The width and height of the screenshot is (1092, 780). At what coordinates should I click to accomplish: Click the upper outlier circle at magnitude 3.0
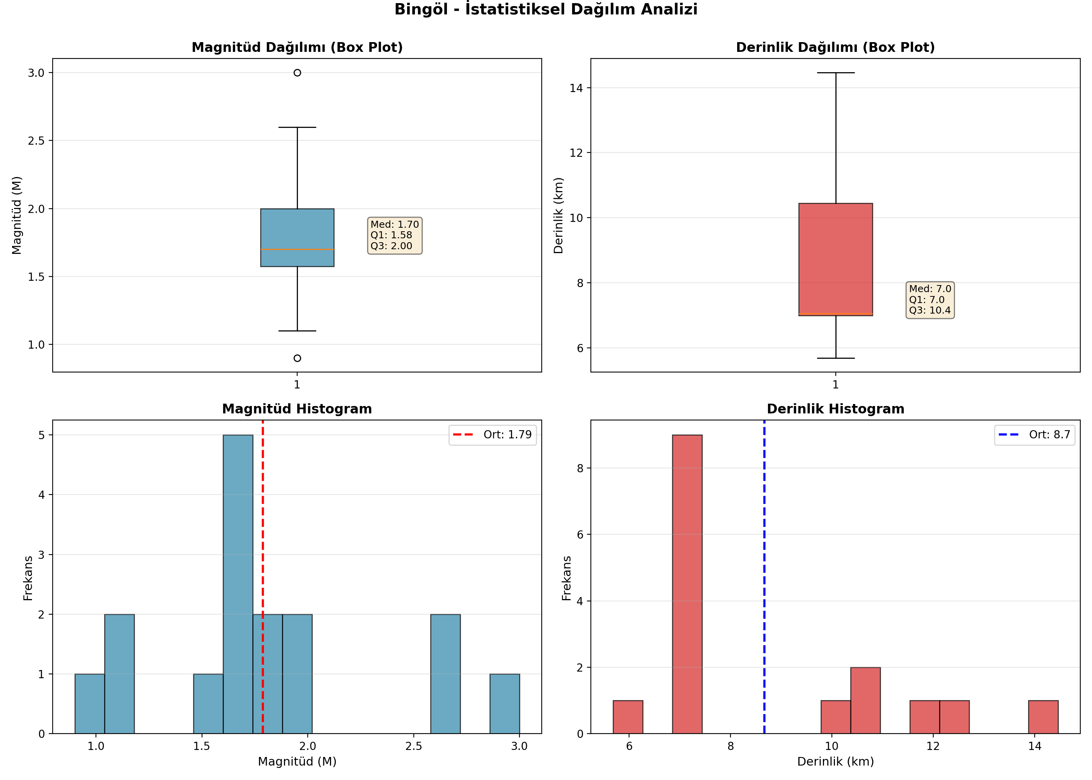(x=297, y=73)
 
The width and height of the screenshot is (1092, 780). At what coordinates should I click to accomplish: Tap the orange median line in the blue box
(x=297, y=249)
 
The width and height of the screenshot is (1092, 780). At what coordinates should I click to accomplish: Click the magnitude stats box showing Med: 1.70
(x=394, y=235)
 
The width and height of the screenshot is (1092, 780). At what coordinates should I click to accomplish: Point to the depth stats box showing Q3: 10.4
(x=930, y=300)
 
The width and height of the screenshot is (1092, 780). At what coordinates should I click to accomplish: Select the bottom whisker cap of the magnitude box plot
(x=297, y=331)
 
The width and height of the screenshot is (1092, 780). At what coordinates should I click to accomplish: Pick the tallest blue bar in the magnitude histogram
(x=238, y=584)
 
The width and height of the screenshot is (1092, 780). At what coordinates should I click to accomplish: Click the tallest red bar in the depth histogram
(x=687, y=584)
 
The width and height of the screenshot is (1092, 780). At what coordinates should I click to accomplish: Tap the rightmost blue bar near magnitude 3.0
(x=505, y=704)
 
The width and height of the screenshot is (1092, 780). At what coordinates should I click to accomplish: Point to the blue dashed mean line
(x=764, y=577)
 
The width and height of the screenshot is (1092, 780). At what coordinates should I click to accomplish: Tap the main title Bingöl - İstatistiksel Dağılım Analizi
(x=546, y=9)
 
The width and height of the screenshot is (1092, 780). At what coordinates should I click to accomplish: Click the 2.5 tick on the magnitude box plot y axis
(x=36, y=141)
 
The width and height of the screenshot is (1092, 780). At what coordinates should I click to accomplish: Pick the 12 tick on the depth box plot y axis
(x=576, y=153)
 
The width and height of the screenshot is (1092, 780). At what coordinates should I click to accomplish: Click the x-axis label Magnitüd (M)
(x=297, y=761)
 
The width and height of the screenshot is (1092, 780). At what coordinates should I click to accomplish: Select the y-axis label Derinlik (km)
(x=558, y=215)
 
